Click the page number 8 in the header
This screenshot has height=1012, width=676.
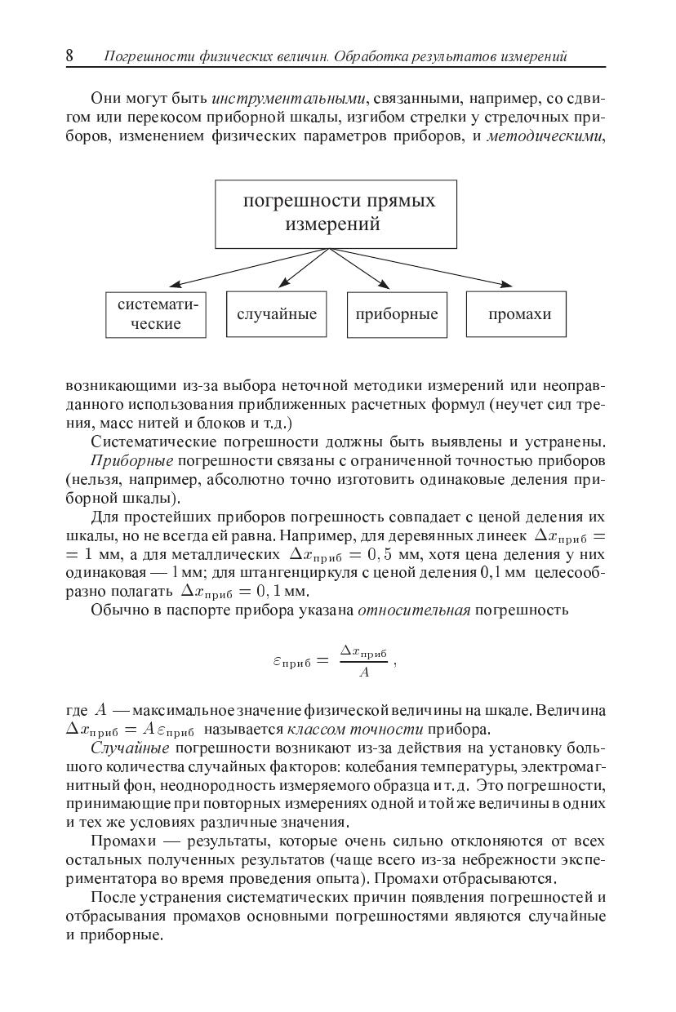pos(70,55)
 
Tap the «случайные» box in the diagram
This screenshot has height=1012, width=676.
pos(276,314)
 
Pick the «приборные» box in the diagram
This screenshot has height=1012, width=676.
pos(397,314)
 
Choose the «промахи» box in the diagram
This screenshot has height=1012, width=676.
pos(516,314)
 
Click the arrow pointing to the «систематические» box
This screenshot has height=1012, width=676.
pos(245,269)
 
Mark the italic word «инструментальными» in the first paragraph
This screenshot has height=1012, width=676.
pos(288,99)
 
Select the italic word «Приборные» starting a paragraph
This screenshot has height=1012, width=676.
pos(125,461)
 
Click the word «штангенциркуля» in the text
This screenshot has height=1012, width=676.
pos(287,573)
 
